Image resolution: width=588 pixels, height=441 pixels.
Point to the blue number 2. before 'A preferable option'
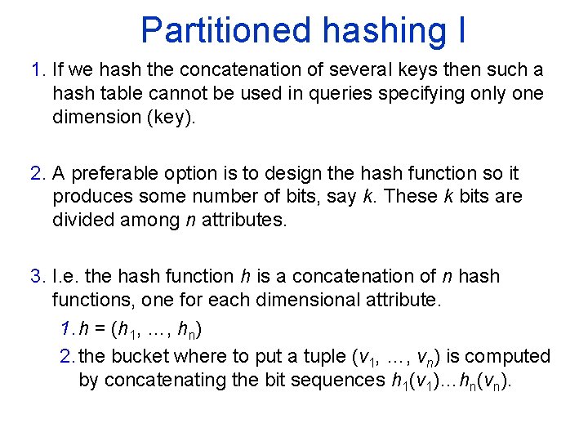38,174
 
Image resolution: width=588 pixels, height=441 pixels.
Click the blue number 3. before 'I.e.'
38,277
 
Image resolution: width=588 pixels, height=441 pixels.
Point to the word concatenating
132,380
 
